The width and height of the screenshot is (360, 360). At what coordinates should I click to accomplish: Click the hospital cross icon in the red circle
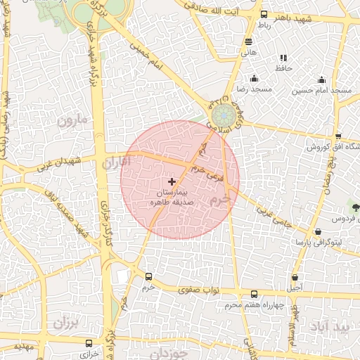[x=172, y=181]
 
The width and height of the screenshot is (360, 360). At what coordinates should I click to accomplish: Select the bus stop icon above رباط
[x=264, y=14]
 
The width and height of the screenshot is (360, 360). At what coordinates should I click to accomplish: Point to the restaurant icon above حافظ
[x=283, y=58]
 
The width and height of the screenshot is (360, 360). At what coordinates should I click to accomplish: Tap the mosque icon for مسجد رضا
[x=254, y=79]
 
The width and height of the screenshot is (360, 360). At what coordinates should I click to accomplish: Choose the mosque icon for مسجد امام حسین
[x=321, y=79]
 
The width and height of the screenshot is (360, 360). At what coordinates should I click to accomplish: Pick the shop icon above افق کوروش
[x=338, y=136]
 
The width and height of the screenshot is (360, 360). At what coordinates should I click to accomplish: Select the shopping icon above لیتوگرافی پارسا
[x=319, y=231]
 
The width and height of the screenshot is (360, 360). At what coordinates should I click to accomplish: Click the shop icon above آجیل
[x=295, y=277]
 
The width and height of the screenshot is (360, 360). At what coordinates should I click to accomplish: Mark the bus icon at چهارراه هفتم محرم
[x=255, y=295]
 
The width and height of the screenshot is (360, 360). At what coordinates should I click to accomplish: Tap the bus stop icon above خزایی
[x=89, y=343]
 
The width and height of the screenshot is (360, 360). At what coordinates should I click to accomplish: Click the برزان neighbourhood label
[x=68, y=324]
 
